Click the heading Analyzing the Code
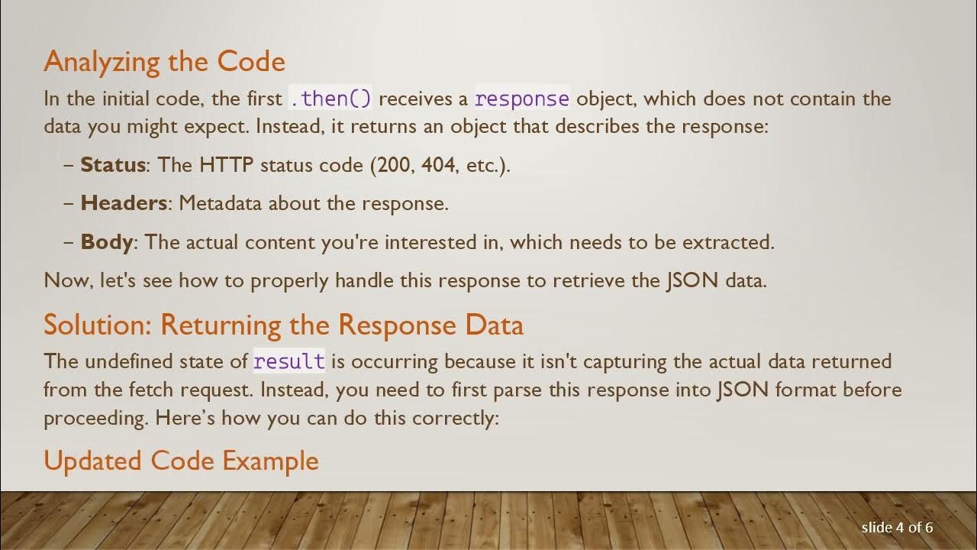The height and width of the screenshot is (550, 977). [164, 62]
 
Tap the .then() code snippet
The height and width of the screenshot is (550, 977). [330, 99]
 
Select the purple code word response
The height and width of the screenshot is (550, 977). [522, 99]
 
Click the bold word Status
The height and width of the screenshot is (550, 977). [112, 165]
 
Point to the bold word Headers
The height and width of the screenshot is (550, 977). [123, 203]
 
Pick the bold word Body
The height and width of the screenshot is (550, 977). [106, 242]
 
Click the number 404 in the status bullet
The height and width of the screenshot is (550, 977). [438, 165]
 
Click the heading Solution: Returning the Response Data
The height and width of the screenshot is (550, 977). [283, 325]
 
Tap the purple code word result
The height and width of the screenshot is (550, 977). [289, 361]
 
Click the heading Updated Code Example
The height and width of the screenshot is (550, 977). [181, 461]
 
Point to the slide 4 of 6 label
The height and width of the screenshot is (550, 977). [897, 527]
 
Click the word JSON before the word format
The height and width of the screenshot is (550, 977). [743, 390]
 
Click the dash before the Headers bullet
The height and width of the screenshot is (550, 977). [69, 203]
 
